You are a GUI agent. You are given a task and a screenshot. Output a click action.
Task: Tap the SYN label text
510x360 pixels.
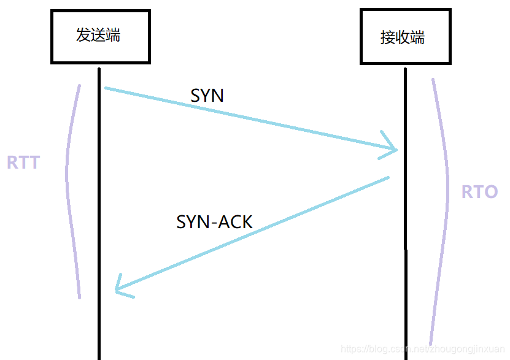point(207,96)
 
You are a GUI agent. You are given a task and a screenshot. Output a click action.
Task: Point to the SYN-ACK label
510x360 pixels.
point(214,221)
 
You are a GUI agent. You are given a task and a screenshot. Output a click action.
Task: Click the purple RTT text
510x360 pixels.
point(23,163)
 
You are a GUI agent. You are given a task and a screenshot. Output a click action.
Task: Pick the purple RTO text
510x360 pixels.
point(479,192)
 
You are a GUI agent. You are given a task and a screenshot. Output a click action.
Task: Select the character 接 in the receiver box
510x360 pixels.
point(387,37)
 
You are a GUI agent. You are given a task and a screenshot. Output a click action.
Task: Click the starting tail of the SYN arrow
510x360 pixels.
point(107,88)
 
